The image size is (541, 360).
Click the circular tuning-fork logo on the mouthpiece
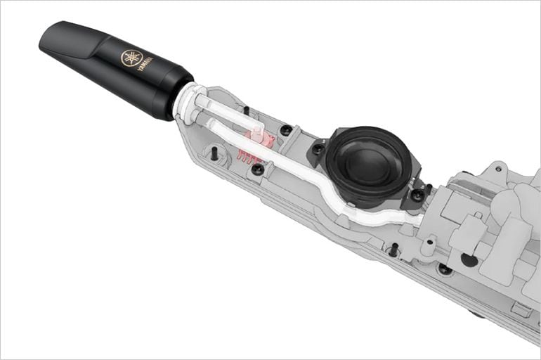(131, 58)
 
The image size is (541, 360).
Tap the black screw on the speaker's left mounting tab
(318, 149)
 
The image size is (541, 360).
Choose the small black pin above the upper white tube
(247, 110)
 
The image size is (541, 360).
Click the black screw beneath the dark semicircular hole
(444, 269)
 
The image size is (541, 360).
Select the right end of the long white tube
(417, 220)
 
